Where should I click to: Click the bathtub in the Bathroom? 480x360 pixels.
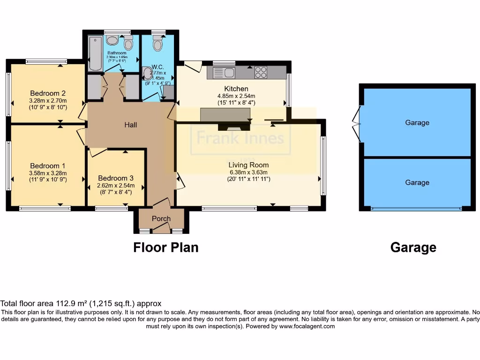tap(95, 53)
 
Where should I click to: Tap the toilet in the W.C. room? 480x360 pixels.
tap(157, 44)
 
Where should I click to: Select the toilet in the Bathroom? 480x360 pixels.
tap(128, 43)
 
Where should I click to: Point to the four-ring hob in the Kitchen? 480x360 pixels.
tap(261, 73)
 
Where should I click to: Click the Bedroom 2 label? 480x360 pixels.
tap(47, 92)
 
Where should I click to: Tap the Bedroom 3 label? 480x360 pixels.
tap(116, 178)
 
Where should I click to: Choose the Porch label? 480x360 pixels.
tap(161, 218)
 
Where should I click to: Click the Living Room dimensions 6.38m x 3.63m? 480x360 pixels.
tap(248, 172)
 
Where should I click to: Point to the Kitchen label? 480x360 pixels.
tap(236, 89)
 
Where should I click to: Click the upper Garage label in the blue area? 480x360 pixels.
tap(417, 123)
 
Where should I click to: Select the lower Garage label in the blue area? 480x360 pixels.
tap(417, 183)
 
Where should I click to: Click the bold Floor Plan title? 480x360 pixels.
tap(166, 247)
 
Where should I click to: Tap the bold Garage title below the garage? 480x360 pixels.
tap(413, 247)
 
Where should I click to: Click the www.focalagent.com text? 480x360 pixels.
tap(307, 326)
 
